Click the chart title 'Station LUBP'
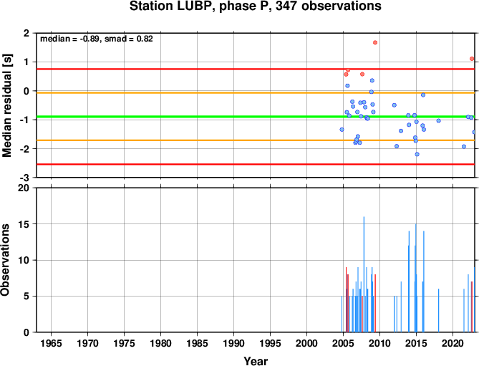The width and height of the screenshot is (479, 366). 170,6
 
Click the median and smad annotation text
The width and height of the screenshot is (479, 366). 97,39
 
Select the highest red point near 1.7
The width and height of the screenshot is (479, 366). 375,42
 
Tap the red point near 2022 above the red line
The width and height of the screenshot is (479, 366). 472,59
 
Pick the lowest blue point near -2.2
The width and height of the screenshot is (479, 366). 417,154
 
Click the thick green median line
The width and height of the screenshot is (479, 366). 256,117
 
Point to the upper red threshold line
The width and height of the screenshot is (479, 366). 256,69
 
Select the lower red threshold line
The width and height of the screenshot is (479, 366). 256,164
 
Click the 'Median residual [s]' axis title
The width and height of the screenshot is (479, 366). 6,105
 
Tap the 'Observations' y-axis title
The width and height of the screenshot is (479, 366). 5,259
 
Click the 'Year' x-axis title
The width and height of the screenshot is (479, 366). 256,361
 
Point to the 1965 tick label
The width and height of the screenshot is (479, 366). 51,343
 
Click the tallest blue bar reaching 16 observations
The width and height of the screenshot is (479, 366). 364,274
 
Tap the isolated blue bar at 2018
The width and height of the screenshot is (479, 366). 438,310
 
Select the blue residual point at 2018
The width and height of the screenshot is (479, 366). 439,120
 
